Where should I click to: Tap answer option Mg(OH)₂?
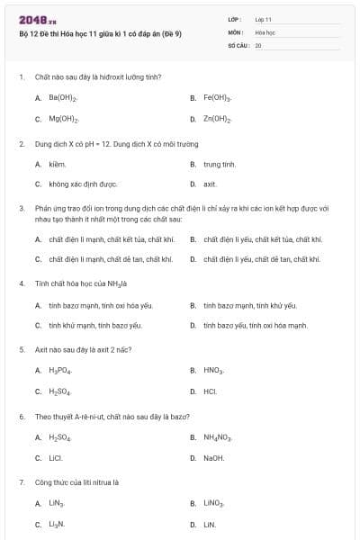click(63, 119)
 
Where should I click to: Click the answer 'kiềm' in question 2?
click(58, 165)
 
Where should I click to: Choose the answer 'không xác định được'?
click(83, 184)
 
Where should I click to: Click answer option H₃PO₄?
click(60, 370)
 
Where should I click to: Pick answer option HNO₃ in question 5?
click(213, 370)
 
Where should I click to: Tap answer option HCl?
click(210, 391)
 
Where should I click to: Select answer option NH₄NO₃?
click(218, 437)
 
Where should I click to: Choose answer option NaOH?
click(213, 458)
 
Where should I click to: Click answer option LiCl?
click(56, 458)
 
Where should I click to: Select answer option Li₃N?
click(57, 524)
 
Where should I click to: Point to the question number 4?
click(21, 283)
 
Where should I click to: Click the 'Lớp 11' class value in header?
click(263, 19)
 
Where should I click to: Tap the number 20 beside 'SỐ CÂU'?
click(258, 44)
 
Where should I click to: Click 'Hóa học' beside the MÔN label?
click(265, 31)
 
